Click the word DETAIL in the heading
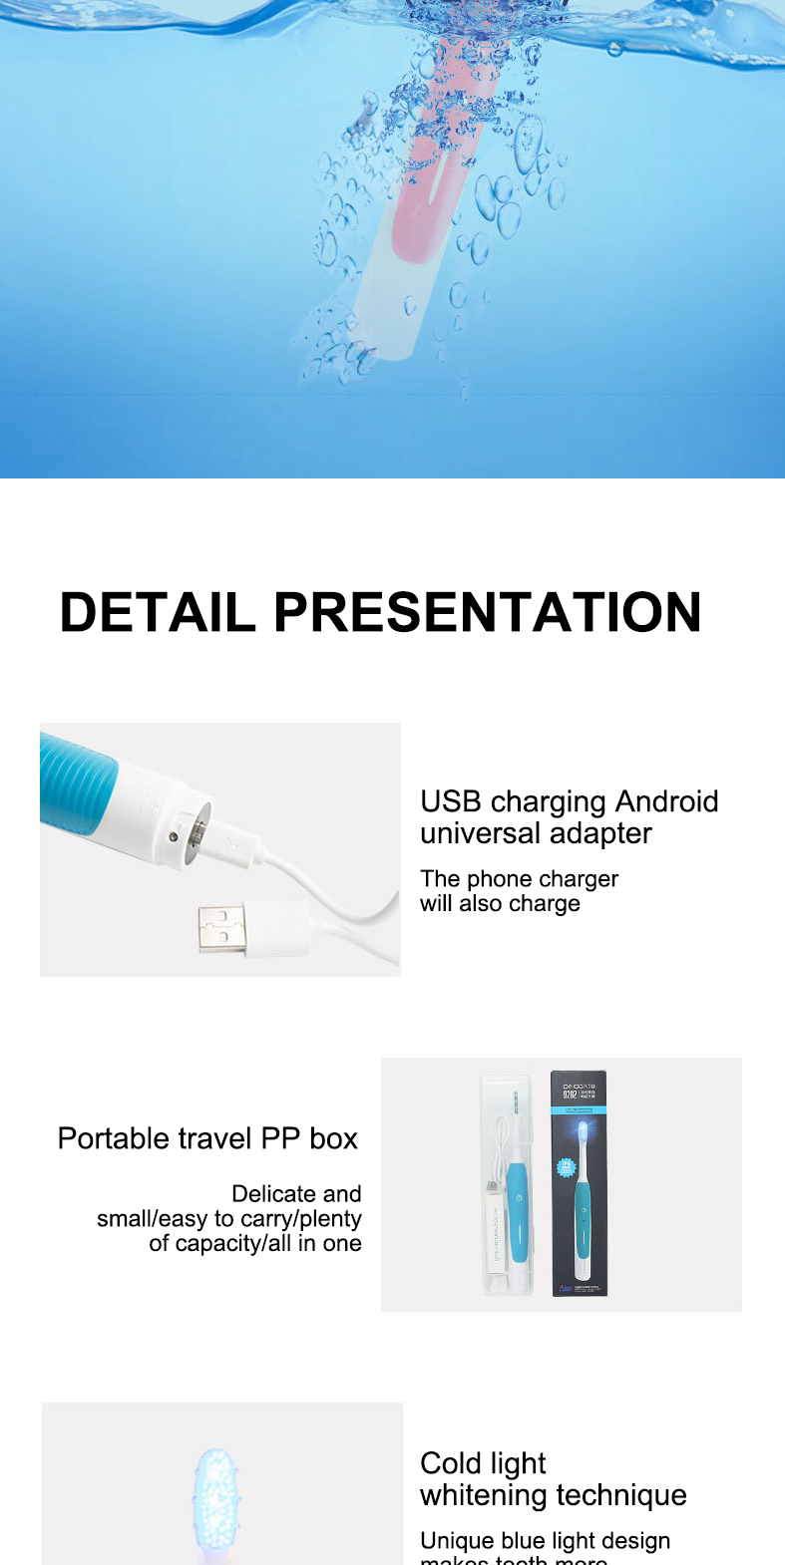158,612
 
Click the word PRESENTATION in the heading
487,612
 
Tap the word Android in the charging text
666,801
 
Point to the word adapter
603,833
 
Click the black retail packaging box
579,1184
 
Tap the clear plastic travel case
508,1184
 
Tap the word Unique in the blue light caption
458,1541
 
